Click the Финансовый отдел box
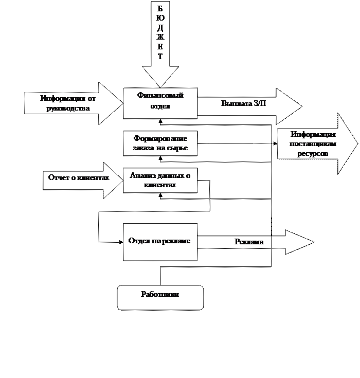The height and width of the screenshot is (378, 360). coord(160,103)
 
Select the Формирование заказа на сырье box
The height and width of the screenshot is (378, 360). coord(160,143)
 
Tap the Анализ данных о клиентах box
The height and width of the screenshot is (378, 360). coord(160,180)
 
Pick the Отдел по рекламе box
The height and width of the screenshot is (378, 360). coord(160,242)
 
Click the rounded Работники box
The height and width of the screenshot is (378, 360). coord(160,297)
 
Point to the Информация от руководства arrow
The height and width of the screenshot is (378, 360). coord(72,103)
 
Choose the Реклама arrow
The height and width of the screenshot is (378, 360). coord(252,242)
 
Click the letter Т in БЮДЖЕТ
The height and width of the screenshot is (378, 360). coord(160,57)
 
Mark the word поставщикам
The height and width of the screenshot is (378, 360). coord(312,144)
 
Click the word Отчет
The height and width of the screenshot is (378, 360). coord(58,177)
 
